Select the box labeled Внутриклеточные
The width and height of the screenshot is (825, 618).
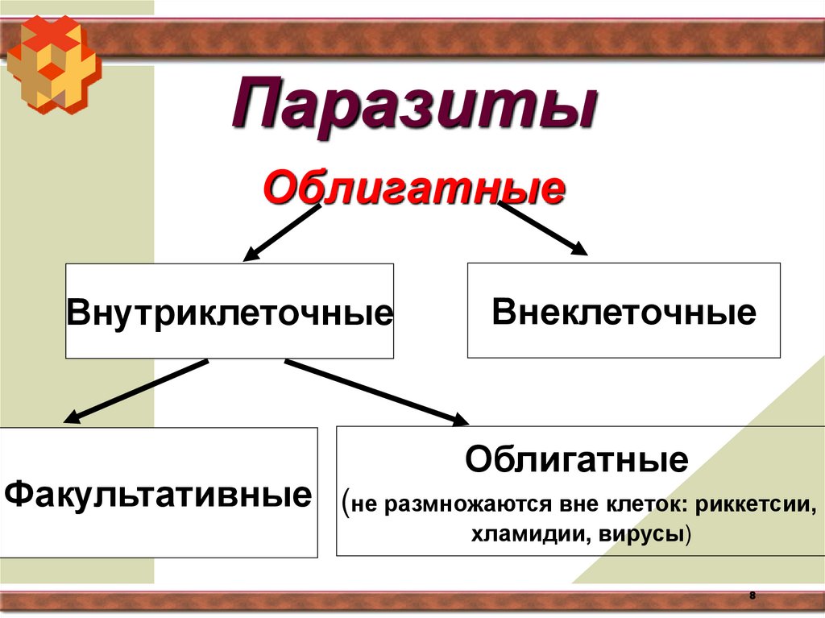(230, 311)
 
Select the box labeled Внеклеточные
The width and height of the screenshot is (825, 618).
(624, 311)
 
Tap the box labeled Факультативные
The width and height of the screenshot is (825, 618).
(158, 492)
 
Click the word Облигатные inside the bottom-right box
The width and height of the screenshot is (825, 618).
(576, 461)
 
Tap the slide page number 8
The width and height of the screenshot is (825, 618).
(752, 595)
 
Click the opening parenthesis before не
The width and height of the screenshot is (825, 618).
(346, 504)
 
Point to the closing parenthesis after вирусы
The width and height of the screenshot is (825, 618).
(689, 535)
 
